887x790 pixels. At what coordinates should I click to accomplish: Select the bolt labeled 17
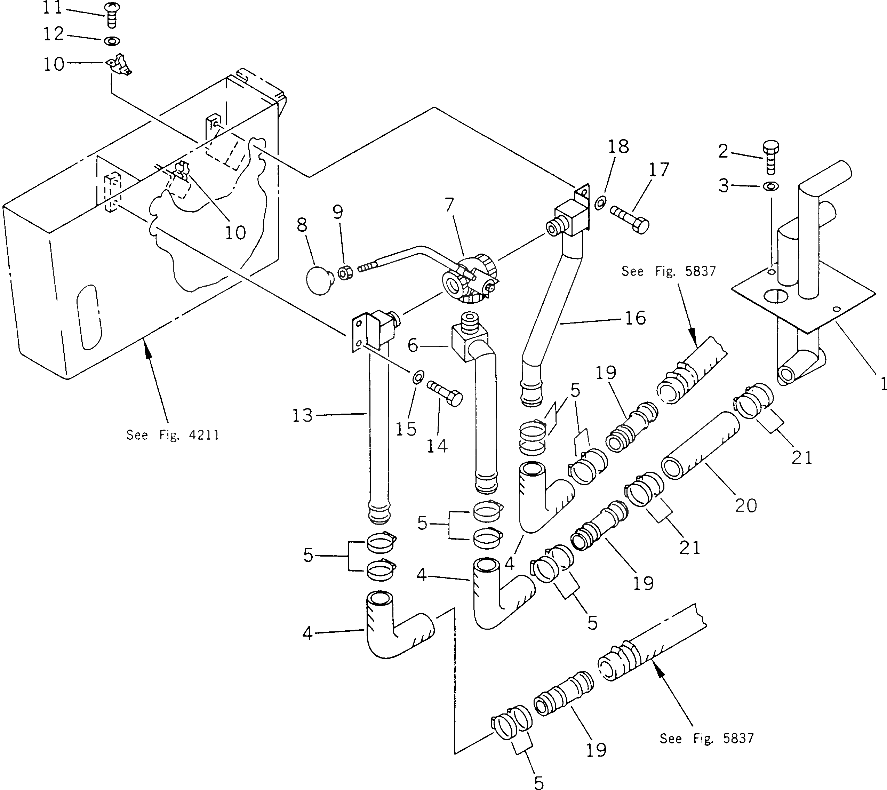click(630, 219)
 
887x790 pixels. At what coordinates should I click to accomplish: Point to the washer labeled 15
click(418, 377)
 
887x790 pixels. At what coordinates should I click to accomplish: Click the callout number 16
click(635, 318)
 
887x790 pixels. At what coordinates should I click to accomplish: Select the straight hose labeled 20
click(700, 446)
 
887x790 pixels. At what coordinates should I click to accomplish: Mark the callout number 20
click(745, 505)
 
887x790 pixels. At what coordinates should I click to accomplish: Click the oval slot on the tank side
click(89, 317)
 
